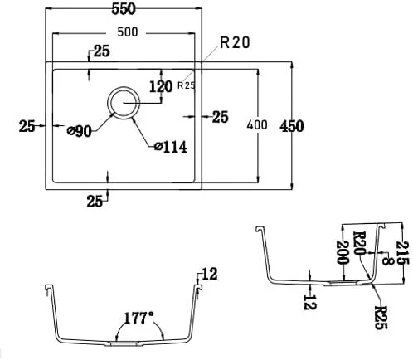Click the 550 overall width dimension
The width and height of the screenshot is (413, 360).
(x=124, y=9)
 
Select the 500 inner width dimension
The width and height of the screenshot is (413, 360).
(x=128, y=32)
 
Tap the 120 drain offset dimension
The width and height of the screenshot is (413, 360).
(x=161, y=86)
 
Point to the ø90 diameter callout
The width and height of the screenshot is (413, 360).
(x=79, y=131)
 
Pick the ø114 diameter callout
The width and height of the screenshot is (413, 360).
(x=171, y=147)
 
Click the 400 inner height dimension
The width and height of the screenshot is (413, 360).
(x=257, y=125)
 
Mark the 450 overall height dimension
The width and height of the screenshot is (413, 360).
(x=292, y=126)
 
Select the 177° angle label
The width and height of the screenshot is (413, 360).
(x=139, y=318)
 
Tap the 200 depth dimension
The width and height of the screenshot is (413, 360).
(x=343, y=252)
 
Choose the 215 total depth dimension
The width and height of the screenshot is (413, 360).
(x=402, y=253)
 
